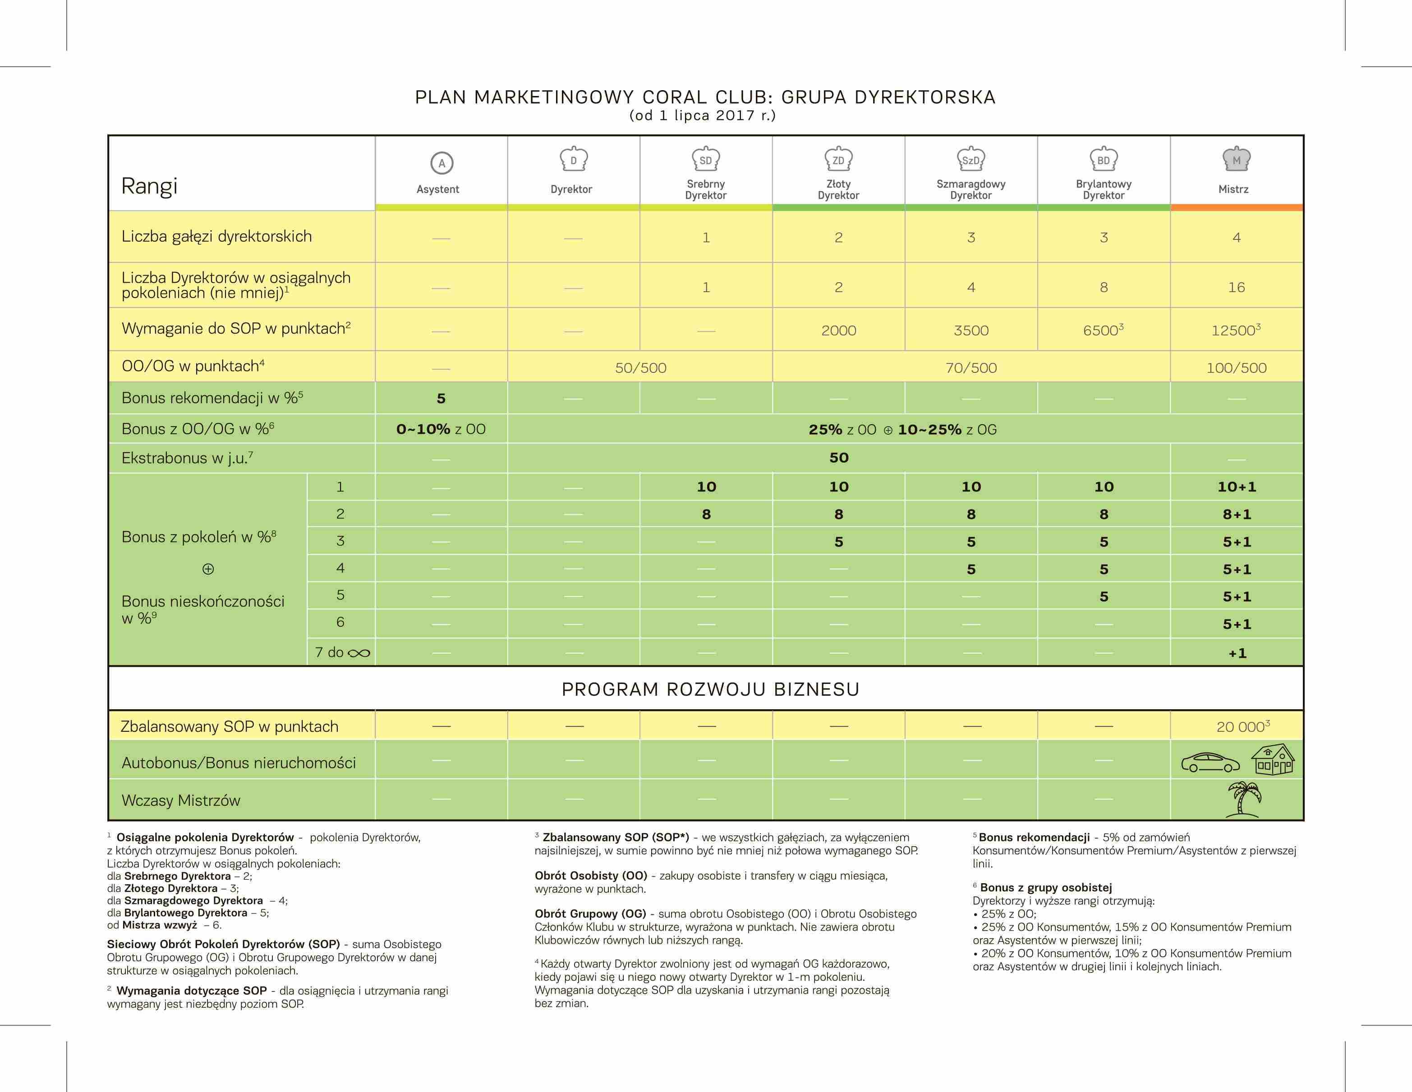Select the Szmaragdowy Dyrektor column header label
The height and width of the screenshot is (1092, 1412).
[970, 189]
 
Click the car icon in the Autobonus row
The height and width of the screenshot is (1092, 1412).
[1210, 763]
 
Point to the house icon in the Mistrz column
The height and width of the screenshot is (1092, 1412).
[1272, 760]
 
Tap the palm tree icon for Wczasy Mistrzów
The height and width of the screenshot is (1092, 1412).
[1243, 800]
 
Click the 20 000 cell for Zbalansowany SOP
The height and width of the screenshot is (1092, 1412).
[1242, 727]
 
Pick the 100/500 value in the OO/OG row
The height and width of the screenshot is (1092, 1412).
[1236, 368]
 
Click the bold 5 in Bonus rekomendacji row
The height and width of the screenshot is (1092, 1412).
[441, 398]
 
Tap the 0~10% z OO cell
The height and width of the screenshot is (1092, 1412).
[441, 429]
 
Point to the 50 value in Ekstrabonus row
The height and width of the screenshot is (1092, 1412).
[838, 458]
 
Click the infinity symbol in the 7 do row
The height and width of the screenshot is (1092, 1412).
[359, 653]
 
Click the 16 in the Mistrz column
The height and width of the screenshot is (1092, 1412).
[1236, 287]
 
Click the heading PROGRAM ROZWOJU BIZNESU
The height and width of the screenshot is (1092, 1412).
[710, 689]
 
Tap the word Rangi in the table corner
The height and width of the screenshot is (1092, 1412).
[149, 186]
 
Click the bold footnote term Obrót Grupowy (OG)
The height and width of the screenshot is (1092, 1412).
[589, 913]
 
